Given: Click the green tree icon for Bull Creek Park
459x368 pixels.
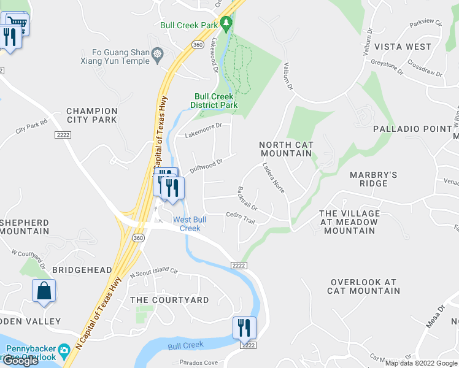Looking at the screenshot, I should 226,24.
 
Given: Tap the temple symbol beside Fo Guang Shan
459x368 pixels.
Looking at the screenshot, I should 158,54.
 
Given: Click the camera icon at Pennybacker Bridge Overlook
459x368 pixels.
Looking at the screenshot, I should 64,353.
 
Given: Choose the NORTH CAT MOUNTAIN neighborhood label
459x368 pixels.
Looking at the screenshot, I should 287,149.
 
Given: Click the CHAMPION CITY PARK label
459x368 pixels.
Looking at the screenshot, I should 91,115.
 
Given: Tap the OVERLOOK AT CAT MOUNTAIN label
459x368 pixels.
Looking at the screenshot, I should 364,286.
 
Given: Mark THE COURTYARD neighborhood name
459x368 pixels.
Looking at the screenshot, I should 169,300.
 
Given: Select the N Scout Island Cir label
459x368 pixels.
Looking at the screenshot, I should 153,272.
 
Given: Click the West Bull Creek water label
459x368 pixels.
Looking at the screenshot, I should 187,224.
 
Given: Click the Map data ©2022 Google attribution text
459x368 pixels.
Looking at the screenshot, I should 421,363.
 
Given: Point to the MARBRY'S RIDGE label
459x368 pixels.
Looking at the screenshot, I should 373,179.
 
